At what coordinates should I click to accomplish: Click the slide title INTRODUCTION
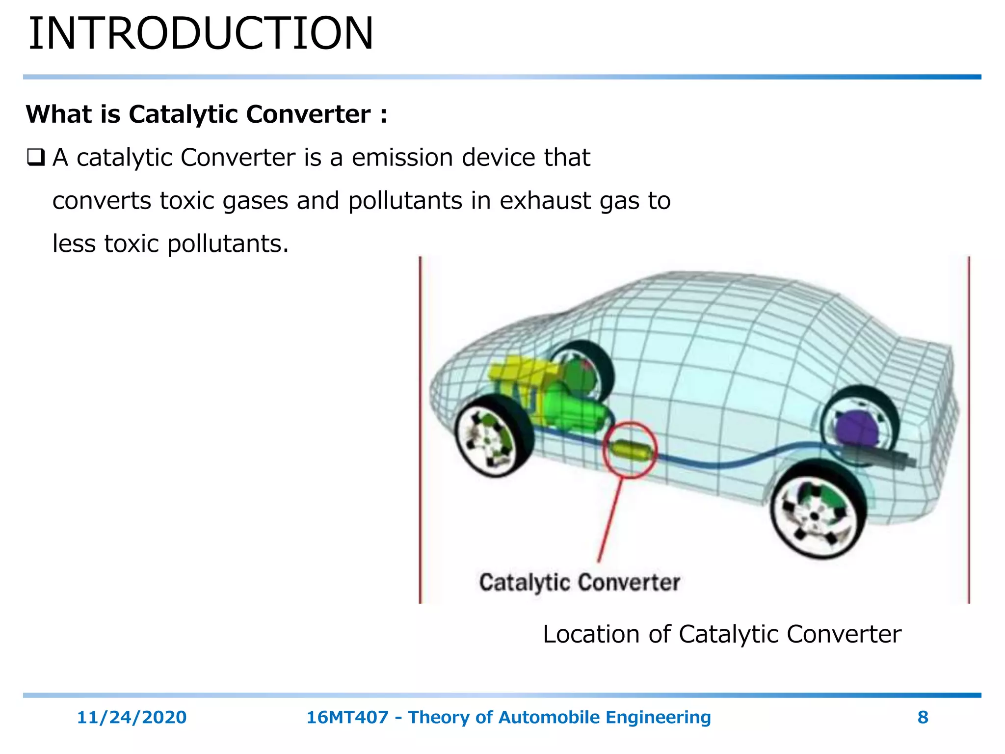201,33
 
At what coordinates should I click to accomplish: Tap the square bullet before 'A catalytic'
36,158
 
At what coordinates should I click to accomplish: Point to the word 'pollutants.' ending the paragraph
228,244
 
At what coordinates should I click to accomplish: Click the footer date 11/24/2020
132,717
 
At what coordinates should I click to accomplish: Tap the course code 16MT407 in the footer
347,717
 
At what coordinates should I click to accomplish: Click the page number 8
923,717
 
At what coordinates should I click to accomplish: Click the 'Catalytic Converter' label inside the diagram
579,583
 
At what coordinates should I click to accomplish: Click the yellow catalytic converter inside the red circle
631,450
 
